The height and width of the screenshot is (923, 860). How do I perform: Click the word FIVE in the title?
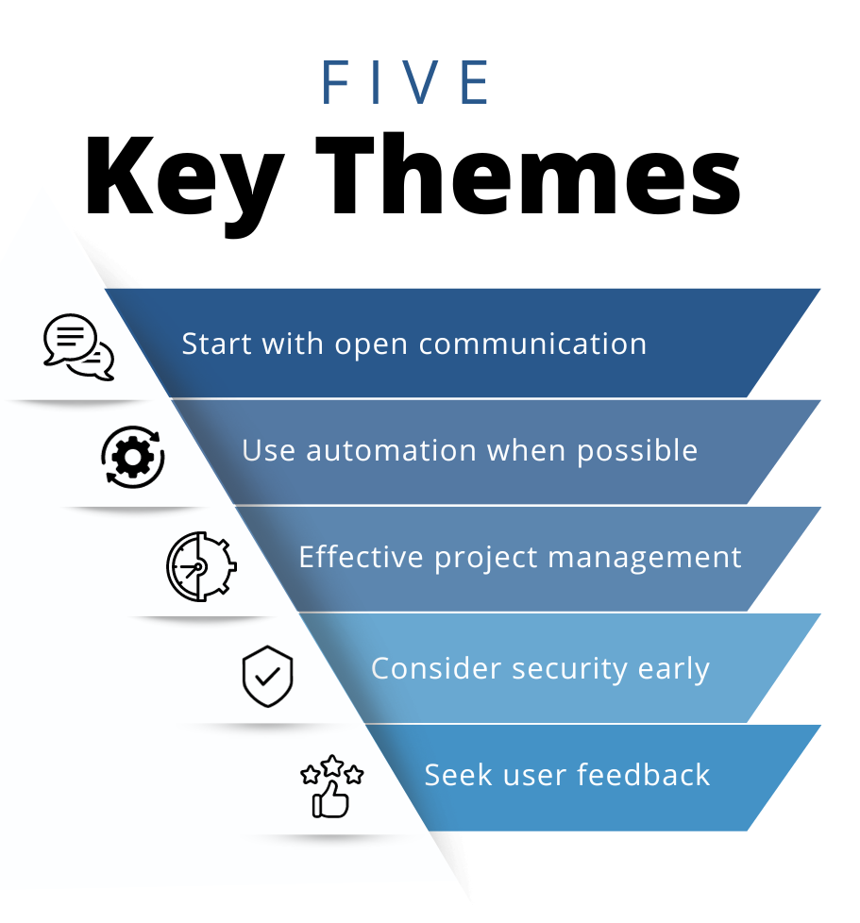pos(406,82)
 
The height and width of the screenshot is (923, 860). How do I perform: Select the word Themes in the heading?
pos(528,175)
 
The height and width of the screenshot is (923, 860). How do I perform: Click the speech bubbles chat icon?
pos(78,346)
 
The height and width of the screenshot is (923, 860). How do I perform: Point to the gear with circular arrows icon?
pos(132,457)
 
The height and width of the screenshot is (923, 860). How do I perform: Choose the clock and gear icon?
pos(201,566)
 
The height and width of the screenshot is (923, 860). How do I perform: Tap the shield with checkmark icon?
pos(268,676)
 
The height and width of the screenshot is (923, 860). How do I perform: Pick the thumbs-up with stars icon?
pos(332,786)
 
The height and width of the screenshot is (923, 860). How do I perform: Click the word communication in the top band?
pos(532,344)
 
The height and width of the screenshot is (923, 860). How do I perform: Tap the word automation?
pos(391,451)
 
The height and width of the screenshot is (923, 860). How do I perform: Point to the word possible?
pos(637,452)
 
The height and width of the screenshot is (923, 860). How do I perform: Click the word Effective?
pos(361,557)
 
